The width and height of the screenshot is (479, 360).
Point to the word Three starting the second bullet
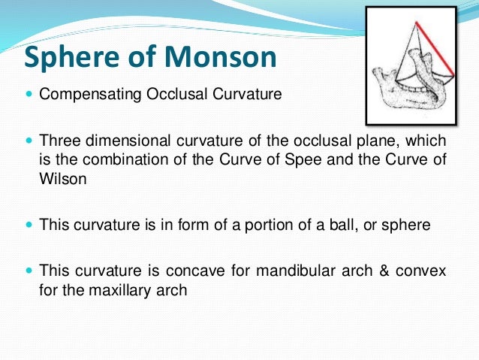[x=58, y=143]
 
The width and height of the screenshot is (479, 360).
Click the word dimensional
[x=116, y=143]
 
